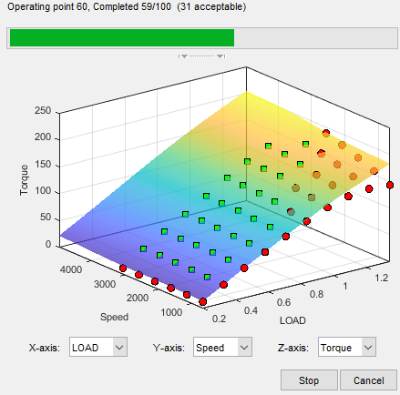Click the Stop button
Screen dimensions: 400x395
(x=309, y=380)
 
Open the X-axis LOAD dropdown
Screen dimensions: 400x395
(x=98, y=347)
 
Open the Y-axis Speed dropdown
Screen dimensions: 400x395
(x=222, y=347)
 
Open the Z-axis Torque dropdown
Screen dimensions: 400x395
(x=347, y=347)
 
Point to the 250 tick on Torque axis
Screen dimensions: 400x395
(x=43, y=110)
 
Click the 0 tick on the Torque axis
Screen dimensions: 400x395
(x=48, y=244)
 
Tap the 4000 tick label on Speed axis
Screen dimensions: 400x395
(x=71, y=269)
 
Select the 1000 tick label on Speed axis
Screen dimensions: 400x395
(x=171, y=312)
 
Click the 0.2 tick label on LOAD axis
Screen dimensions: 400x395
(x=219, y=319)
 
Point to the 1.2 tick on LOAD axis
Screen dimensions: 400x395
(x=381, y=278)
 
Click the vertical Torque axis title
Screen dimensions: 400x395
(x=24, y=180)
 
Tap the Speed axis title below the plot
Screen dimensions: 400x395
(x=114, y=317)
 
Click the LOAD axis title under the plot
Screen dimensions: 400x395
(x=292, y=320)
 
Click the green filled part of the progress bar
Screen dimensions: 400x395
(x=122, y=37)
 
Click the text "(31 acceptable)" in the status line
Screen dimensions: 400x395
(x=211, y=6)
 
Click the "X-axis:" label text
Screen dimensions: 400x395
(x=45, y=348)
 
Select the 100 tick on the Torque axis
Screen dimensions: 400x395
(x=43, y=191)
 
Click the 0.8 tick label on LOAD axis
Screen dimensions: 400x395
(x=316, y=294)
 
